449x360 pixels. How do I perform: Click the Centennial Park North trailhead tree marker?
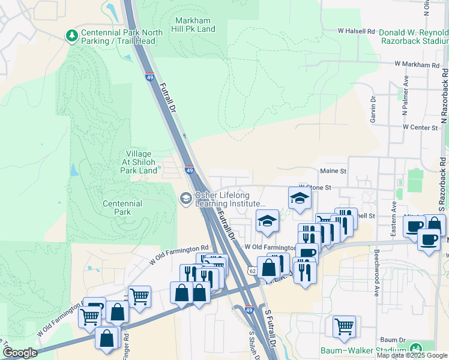72,36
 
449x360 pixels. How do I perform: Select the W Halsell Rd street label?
356,30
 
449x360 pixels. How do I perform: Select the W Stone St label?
315,187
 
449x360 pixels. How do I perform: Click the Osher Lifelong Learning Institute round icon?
185,197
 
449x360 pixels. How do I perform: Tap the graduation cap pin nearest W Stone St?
299,198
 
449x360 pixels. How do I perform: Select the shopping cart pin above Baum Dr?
345,327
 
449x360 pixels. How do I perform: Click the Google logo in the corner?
20,353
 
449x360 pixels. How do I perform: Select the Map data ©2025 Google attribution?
412,355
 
